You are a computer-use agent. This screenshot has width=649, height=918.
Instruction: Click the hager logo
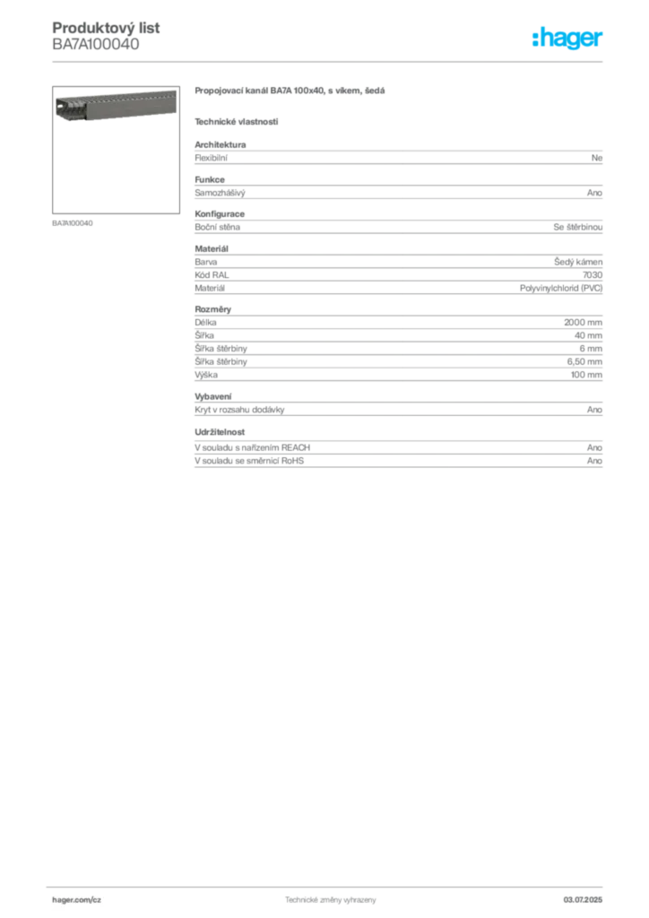(567, 38)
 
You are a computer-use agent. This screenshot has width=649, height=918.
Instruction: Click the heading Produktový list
(106, 28)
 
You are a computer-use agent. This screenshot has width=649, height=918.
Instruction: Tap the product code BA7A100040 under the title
(96, 45)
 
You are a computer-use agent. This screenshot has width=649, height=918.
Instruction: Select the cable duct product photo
(116, 106)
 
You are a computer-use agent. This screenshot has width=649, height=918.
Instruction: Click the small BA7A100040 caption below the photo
(73, 223)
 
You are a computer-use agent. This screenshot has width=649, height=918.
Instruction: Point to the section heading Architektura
(220, 144)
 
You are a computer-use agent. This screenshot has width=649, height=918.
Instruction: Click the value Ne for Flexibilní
(596, 158)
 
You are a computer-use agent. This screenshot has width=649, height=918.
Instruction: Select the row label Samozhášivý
(220, 193)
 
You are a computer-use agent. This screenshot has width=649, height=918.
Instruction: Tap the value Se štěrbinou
(577, 227)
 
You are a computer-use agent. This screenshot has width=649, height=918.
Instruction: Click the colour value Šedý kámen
(578, 262)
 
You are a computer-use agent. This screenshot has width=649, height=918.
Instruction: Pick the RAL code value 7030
(593, 275)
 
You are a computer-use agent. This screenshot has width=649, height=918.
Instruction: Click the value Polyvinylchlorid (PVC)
(560, 288)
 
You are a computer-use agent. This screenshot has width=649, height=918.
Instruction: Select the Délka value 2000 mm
(583, 323)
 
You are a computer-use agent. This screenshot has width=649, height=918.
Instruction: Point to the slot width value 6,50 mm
(584, 362)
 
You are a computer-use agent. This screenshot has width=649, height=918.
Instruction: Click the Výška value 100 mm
(586, 375)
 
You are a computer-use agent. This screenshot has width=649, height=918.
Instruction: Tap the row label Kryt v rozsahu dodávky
(239, 410)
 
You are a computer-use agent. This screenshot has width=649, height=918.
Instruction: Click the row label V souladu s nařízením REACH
(252, 448)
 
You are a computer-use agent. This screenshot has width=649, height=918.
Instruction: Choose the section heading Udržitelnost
(220, 432)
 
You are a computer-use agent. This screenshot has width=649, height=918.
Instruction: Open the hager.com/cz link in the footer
(77, 900)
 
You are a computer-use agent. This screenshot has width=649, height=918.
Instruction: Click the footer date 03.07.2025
(583, 900)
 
